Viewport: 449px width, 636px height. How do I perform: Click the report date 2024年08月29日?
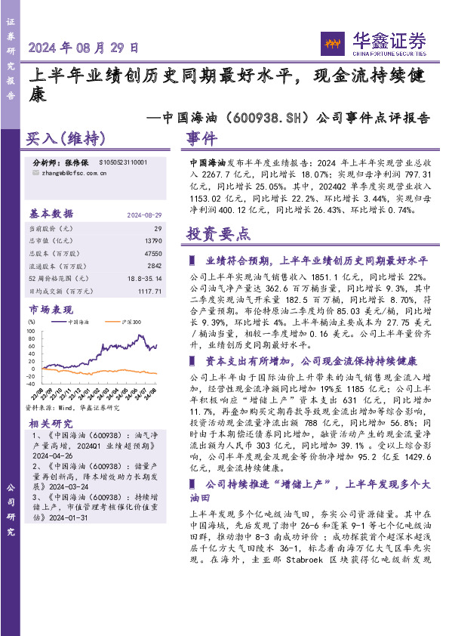84,48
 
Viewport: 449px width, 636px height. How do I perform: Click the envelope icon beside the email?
38,173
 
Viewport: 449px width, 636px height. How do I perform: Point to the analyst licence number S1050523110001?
121,162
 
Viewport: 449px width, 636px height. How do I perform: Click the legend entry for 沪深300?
131,322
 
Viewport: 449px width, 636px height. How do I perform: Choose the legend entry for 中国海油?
78,322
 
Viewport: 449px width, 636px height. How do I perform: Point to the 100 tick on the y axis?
31,330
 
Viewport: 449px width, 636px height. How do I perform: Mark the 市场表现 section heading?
51,310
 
